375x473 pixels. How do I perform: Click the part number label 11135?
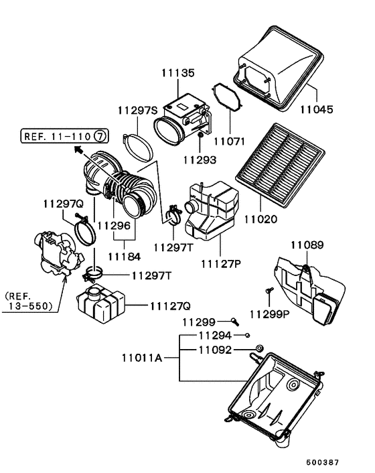click(x=178, y=73)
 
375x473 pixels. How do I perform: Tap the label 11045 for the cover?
click(x=317, y=109)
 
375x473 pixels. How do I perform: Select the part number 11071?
click(x=229, y=141)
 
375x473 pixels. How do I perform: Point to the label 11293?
click(x=200, y=159)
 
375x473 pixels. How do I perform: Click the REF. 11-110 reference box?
click(x=64, y=136)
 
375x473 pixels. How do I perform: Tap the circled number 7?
click(x=100, y=136)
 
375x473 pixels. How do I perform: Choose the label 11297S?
click(x=137, y=111)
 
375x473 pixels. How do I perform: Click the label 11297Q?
click(x=64, y=204)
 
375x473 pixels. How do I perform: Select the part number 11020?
click(x=260, y=219)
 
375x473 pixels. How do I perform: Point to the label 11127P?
click(x=221, y=264)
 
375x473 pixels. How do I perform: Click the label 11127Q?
click(x=170, y=306)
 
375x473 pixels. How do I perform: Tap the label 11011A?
click(x=142, y=358)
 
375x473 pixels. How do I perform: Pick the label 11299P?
click(x=269, y=314)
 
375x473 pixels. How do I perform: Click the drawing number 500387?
click(x=323, y=462)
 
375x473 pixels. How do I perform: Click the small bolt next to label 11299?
click(x=235, y=322)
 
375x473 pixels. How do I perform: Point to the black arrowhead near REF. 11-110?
click(x=78, y=149)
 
